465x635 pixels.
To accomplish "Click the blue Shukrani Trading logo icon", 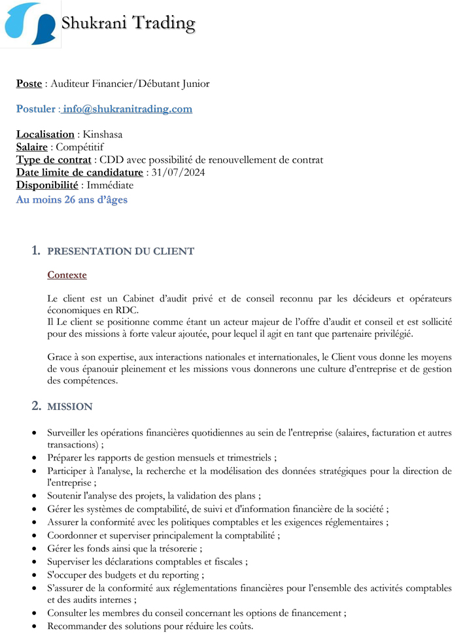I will pyautogui.click(x=30, y=24).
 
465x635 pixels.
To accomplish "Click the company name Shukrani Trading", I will pyautogui.click(x=128, y=24).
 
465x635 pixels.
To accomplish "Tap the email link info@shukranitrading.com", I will pyautogui.click(x=128, y=109).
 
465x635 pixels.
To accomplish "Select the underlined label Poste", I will pyautogui.click(x=29, y=84).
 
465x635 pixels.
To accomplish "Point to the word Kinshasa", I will pyautogui.click(x=103, y=135).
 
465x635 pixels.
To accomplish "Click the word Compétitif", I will pyautogui.click(x=80, y=147).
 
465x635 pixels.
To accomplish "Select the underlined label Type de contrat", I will pyautogui.click(x=54, y=160).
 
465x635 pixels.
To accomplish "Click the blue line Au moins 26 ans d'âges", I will pyautogui.click(x=72, y=199).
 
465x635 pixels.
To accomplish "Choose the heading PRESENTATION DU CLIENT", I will pyautogui.click(x=121, y=251).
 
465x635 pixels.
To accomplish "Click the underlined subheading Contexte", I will pyautogui.click(x=67, y=275).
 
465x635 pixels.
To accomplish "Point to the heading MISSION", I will pyautogui.click(x=70, y=407).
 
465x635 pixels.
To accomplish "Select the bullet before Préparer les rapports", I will pyautogui.click(x=35, y=458).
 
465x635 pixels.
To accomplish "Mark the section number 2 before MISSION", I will pyautogui.click(x=36, y=406).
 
